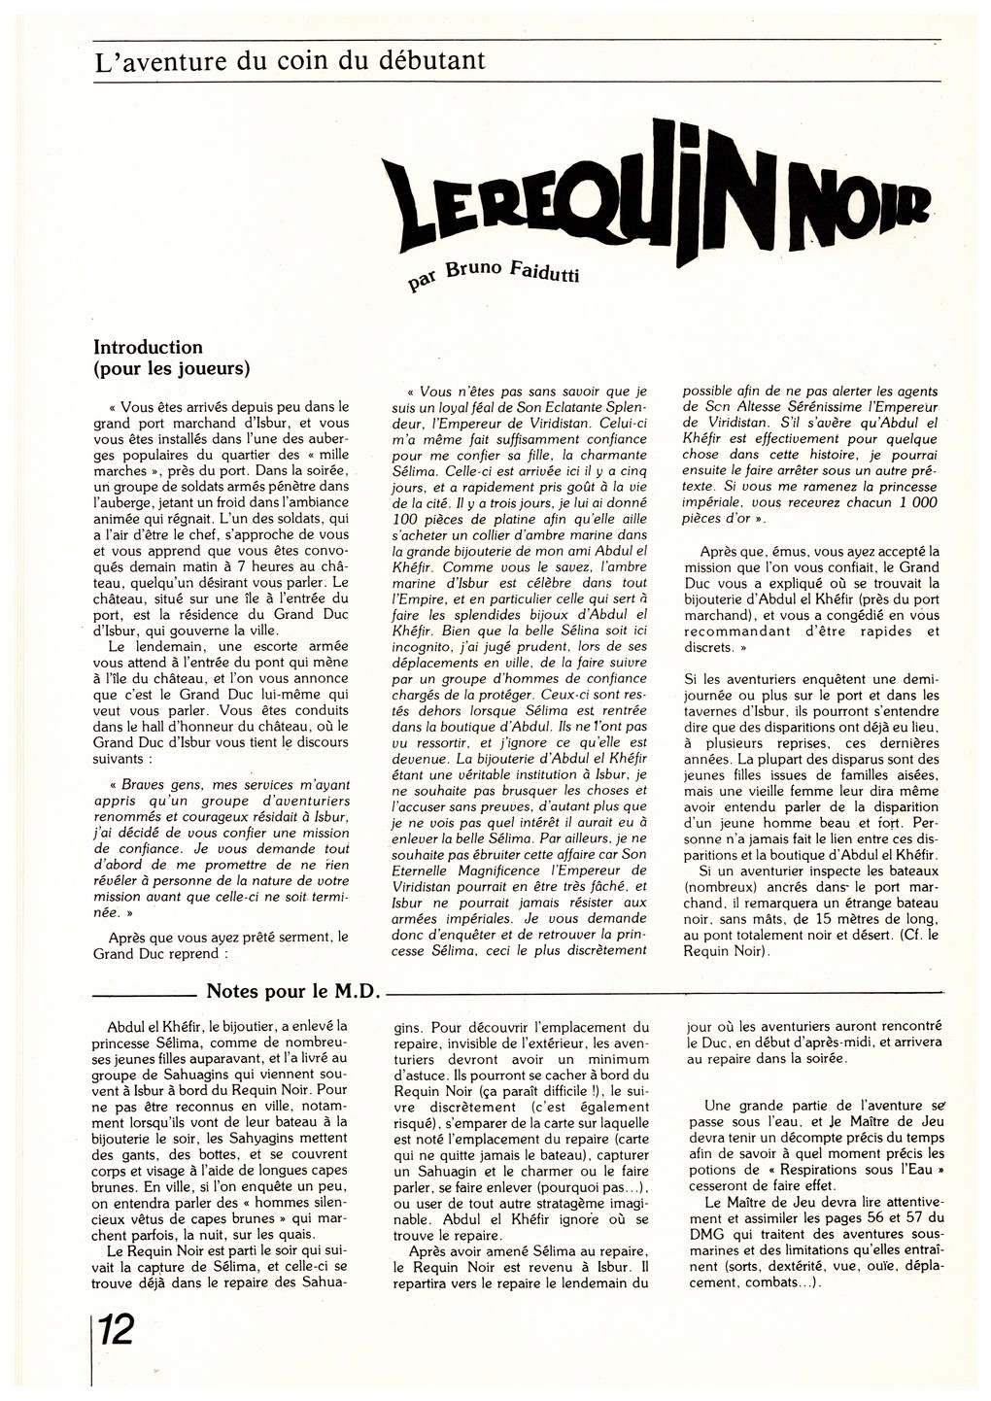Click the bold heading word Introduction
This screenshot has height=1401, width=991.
pyautogui.click(x=148, y=347)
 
